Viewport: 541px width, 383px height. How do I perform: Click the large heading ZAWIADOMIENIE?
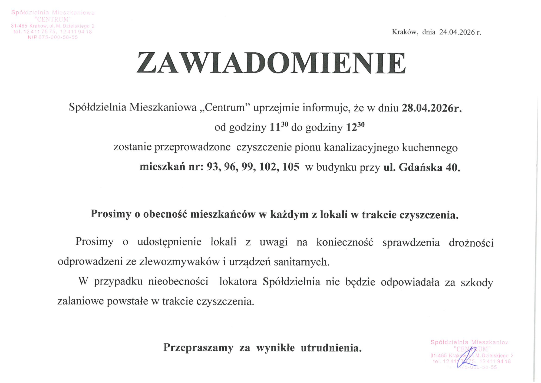pos(271,63)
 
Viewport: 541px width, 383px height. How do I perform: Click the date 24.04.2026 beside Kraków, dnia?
pos(457,32)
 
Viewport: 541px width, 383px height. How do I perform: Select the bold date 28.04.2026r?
pos(432,108)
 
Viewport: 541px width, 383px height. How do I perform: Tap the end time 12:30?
pos(355,127)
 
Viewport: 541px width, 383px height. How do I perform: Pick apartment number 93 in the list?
pos(212,167)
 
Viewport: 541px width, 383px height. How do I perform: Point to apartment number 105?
pos(291,167)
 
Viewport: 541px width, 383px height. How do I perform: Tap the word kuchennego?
pos(430,148)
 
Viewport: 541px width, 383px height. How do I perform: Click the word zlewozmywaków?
pos(179,262)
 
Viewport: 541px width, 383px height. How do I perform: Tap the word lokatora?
pos(238,281)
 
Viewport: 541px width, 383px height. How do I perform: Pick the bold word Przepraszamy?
pos(198,348)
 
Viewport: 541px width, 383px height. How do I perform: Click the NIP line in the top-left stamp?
pos(53,37)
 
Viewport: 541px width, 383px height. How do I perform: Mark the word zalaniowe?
pos(80,301)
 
